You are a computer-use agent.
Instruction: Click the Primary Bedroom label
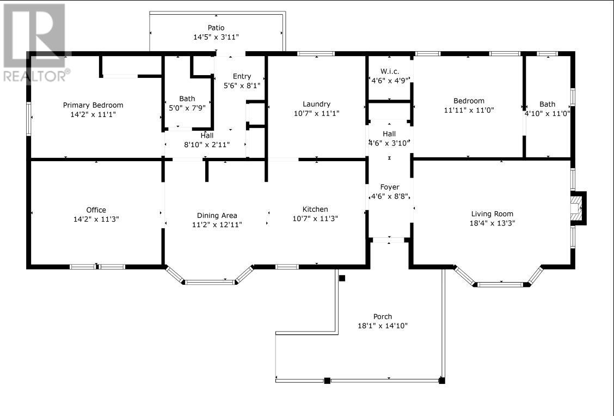(93, 105)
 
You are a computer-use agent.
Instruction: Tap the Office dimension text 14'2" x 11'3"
(96, 219)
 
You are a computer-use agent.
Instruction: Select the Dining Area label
(217, 216)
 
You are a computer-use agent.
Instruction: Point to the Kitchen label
(315, 209)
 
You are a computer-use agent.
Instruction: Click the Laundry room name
(316, 104)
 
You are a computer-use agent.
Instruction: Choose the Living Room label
(492, 214)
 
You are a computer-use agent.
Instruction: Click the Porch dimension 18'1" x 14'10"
(383, 326)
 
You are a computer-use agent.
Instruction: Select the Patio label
(216, 27)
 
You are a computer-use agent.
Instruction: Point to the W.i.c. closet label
(390, 71)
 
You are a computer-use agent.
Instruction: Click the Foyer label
(390, 187)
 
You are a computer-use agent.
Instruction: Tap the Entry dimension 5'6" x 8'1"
(242, 85)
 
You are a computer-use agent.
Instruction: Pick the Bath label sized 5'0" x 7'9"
(187, 99)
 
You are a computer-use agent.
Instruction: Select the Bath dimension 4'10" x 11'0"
(548, 113)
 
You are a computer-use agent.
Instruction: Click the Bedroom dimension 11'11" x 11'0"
(469, 110)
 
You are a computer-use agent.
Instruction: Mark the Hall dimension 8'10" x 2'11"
(207, 144)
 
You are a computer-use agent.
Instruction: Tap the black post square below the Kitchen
(342, 278)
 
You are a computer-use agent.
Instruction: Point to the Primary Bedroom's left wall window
(29, 119)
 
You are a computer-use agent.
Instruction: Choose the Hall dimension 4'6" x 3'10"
(389, 143)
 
